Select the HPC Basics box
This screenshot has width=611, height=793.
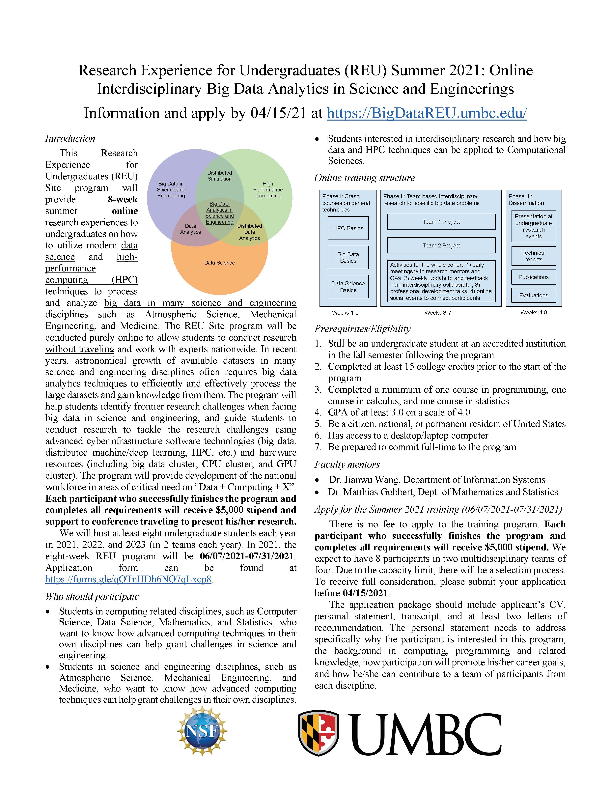[x=348, y=228]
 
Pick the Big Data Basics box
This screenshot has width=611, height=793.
[x=348, y=257]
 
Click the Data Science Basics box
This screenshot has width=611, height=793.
[x=348, y=287]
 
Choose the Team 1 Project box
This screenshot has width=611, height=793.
[x=441, y=221]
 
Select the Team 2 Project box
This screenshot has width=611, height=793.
[x=441, y=245]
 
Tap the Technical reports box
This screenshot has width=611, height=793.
[x=533, y=256]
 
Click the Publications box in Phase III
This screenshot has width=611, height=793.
[x=533, y=277]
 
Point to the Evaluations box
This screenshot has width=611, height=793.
[x=533, y=295]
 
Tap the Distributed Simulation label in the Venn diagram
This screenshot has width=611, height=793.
[x=219, y=176]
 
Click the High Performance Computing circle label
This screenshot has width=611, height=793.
[x=267, y=189]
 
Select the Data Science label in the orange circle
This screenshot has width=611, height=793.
[x=219, y=263]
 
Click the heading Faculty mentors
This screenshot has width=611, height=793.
[x=347, y=464]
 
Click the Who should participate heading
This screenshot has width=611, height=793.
[x=92, y=597]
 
